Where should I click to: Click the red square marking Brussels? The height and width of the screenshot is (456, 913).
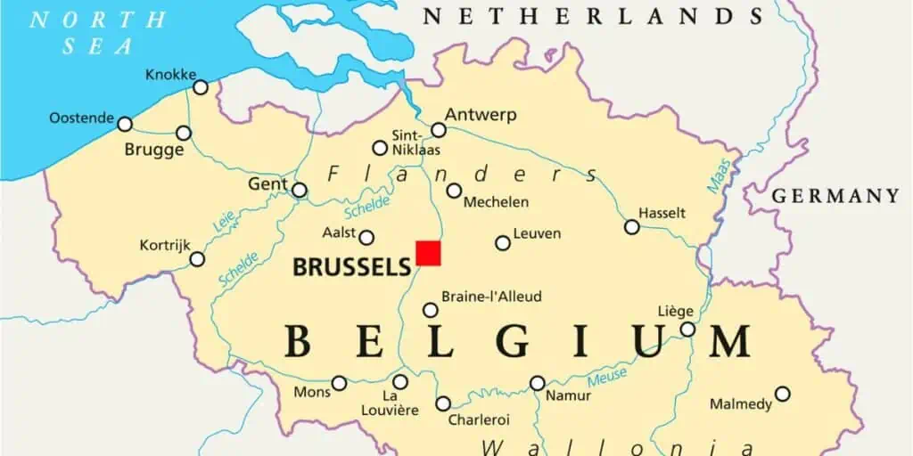428,252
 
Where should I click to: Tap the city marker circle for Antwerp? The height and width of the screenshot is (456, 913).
438,130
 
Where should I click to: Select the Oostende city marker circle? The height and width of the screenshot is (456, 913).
125,124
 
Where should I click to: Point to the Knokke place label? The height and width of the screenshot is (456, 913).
170,75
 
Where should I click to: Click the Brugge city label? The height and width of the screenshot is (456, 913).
154,150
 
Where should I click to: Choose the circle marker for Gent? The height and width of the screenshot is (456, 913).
300,190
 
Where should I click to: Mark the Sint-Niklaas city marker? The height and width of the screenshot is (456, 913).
380,148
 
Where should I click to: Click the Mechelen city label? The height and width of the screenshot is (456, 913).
496,202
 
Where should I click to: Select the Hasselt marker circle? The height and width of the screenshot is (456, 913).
632,227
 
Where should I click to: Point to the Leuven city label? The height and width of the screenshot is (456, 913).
537,233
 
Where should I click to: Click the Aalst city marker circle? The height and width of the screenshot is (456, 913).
366,237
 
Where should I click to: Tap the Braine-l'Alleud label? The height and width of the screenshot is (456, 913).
491,297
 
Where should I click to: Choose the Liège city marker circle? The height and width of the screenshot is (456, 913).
687,330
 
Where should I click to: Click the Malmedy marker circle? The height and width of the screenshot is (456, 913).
782,394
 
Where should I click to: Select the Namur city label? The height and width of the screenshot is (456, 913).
568,395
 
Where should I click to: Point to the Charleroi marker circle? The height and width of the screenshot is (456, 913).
443,403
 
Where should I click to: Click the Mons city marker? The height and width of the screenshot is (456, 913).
339,384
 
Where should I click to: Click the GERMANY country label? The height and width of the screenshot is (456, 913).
835,196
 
